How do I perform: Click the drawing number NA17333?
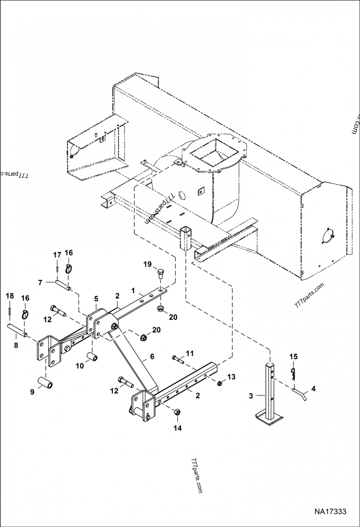coord(330,512)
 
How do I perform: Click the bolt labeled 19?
coord(161,273)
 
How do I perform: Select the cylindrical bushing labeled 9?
coord(47,380)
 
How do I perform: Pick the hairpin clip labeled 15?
coord(293,372)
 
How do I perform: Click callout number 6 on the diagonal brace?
coord(152,356)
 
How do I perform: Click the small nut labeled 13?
coord(220,383)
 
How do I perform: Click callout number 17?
coord(57,255)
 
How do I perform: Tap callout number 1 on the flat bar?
coord(133,291)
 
